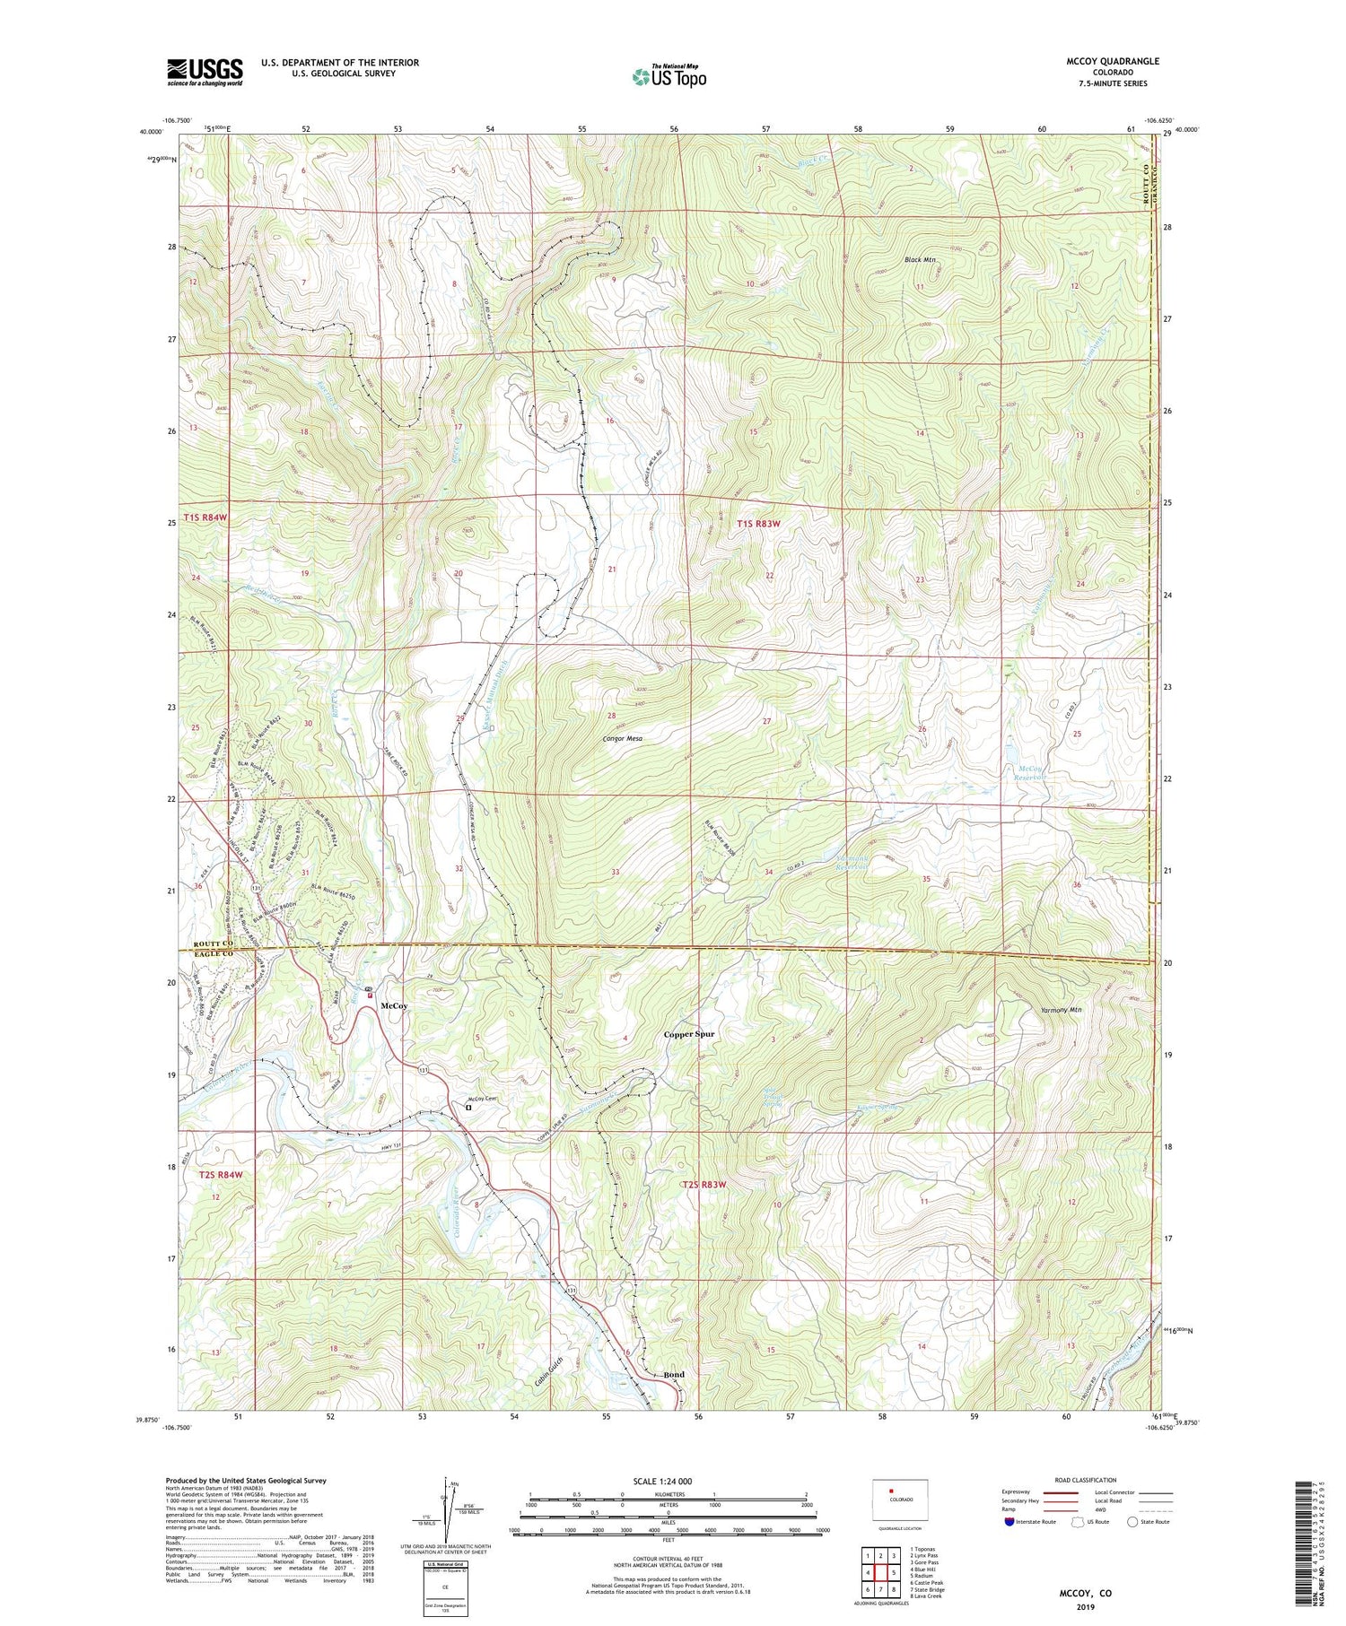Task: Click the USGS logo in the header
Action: [x=205, y=72]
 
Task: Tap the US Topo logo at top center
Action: [x=669, y=77]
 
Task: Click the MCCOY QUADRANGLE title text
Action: [x=1113, y=61]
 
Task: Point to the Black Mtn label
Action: [x=920, y=260]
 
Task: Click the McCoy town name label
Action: [x=394, y=1006]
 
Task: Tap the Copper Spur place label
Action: [x=689, y=1034]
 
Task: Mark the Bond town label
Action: [x=674, y=1375]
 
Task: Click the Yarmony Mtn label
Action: [x=1062, y=1010]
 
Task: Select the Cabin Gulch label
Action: [x=541, y=1372]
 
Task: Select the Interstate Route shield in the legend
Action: [x=1009, y=1522]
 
